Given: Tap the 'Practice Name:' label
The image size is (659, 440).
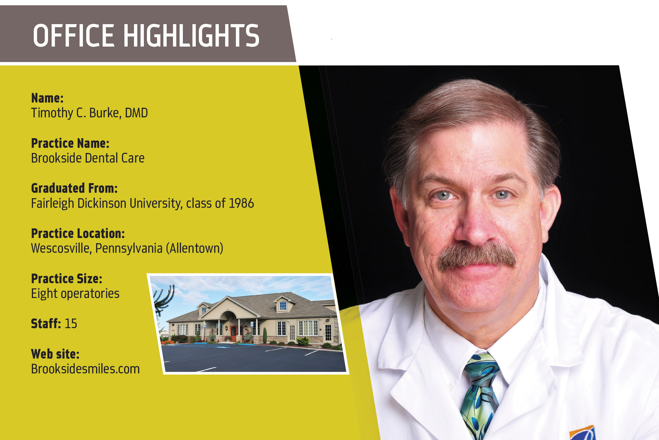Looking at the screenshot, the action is pos(70,143).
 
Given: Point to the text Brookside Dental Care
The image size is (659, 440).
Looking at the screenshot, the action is pos(88,158).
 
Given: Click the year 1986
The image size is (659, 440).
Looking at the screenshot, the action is pos(241,203).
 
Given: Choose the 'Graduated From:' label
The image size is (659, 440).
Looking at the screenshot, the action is pos(74,188).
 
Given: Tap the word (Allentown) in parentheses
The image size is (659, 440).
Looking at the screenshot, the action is pos(194,249).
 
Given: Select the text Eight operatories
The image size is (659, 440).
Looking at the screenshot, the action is pos(75,294).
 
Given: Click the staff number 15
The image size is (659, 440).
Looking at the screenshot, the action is pos(71,323).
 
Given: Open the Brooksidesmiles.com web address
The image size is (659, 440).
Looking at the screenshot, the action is pos(85,369).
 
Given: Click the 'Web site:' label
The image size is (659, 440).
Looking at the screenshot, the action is pos(55,354).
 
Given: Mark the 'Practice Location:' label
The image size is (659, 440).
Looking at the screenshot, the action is pos(78,234).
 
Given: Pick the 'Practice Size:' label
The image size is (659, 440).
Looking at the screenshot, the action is pos(67,279).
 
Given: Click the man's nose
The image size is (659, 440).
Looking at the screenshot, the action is pos(474,225).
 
